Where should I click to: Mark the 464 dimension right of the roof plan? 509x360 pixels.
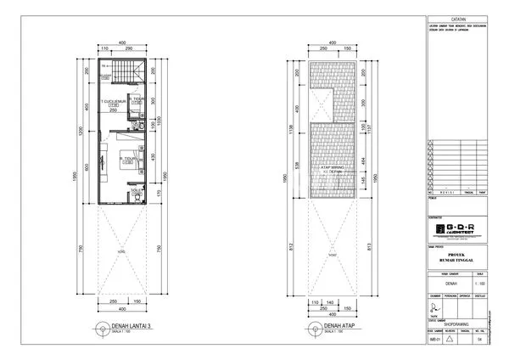click(x=365, y=159)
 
